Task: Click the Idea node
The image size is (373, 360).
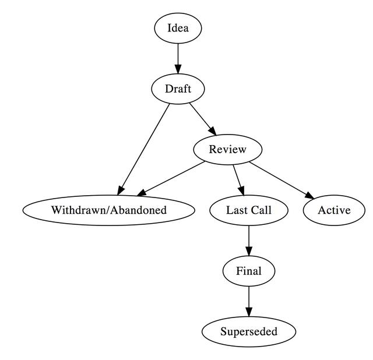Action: pos(178,29)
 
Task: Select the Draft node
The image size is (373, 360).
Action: pos(178,89)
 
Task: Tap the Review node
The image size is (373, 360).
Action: pos(227,150)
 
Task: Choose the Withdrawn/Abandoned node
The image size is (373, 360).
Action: pos(108,210)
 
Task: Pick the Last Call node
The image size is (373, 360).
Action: pos(249,210)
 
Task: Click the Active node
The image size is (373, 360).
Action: pos(334,210)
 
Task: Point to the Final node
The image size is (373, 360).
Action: pos(249,271)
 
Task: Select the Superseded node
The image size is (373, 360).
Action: pos(249,331)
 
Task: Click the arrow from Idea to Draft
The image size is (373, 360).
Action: pos(178,58)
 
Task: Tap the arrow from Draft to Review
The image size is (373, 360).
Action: pos(202,118)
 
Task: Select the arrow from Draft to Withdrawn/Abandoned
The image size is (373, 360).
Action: pos(145,148)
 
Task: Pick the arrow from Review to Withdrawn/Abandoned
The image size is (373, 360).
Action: pos(172,178)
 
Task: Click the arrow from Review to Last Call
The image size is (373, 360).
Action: pos(238,179)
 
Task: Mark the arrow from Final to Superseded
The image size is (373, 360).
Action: pos(249,301)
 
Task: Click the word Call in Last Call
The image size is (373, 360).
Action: pos(261,210)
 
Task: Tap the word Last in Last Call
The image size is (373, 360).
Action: pos(237,210)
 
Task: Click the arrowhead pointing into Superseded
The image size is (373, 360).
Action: pos(249,312)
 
